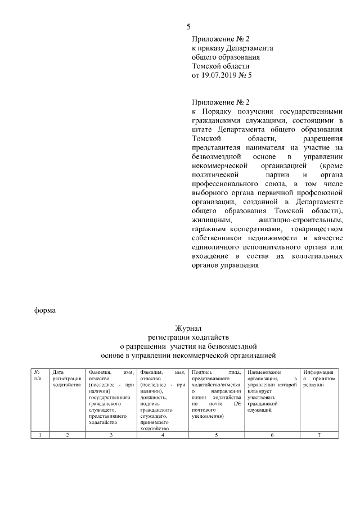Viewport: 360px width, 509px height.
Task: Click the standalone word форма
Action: pos(45,311)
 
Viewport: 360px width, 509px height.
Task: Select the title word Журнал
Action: pos(189,328)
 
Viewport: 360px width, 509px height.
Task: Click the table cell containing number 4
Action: pos(162,435)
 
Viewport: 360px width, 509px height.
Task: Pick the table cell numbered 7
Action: pos(319,435)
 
